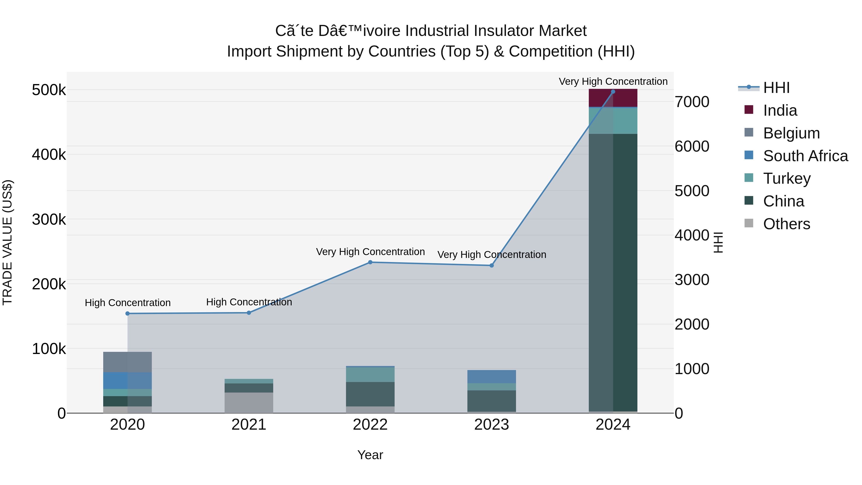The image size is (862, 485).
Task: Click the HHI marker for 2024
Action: coord(613,91)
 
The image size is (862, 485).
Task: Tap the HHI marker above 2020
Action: coord(127,313)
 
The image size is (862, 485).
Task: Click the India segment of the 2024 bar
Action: coord(613,98)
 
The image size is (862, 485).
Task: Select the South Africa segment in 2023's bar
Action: coord(491,376)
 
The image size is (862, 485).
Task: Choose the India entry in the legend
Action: coord(780,110)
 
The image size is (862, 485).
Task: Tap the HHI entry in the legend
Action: coord(776,88)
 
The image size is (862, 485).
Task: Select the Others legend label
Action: coord(786,224)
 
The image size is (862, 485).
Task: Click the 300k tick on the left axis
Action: coord(49,220)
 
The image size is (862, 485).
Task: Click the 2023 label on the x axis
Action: coord(491,425)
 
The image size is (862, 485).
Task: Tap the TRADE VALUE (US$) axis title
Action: coord(7,242)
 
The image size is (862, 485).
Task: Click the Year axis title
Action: coord(370,455)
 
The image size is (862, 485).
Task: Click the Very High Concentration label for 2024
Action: coord(613,81)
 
